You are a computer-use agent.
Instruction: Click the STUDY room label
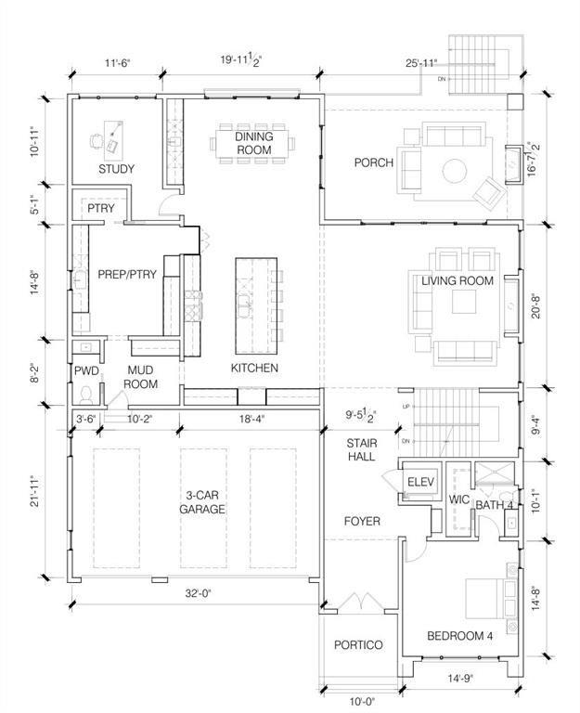click(116, 169)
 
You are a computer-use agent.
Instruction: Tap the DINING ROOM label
click(254, 143)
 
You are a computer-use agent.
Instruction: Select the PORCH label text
click(374, 162)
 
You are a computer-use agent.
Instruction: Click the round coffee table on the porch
click(455, 171)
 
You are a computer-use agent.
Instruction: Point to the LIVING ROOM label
click(458, 280)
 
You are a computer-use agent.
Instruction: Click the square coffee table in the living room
click(464, 302)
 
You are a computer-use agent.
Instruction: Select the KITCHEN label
click(254, 368)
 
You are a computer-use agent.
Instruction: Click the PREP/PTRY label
click(127, 274)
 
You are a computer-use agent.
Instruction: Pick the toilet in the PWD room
click(86, 395)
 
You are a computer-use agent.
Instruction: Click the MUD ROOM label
click(140, 377)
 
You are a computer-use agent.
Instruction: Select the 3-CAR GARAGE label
click(202, 502)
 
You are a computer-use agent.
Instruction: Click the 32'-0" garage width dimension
click(199, 593)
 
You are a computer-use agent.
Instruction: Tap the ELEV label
click(420, 482)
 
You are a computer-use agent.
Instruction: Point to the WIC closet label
click(458, 499)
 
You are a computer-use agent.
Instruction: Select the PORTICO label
click(358, 645)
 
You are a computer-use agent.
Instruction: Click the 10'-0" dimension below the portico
click(362, 702)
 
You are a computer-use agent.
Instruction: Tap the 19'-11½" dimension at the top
click(241, 60)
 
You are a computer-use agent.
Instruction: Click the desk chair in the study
click(96, 140)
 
